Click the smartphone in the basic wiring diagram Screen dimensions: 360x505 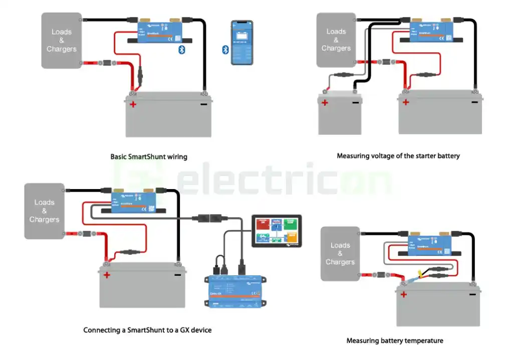[x=241, y=43]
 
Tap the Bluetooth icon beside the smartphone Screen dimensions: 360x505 [x=225, y=49]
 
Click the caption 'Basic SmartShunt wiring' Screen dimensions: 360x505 [x=149, y=157]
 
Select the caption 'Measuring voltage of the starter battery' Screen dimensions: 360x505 [x=398, y=156]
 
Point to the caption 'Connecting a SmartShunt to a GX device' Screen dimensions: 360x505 [x=147, y=330]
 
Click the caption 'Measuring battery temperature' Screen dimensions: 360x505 [x=395, y=341]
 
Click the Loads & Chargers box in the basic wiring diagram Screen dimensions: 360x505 [x=62, y=41]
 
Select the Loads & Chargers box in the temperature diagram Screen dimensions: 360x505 [x=340, y=254]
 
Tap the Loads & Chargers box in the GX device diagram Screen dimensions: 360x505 [x=45, y=211]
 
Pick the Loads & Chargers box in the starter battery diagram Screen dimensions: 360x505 [x=336, y=40]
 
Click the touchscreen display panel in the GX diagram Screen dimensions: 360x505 [x=277, y=231]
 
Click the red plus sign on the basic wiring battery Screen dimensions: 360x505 [x=133, y=104]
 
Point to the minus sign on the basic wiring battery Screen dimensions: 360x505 [x=203, y=104]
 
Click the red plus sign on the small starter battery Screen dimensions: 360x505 [x=325, y=103]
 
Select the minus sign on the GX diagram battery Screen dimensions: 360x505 [x=177, y=275]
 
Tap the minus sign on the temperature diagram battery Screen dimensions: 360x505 [x=472, y=294]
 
